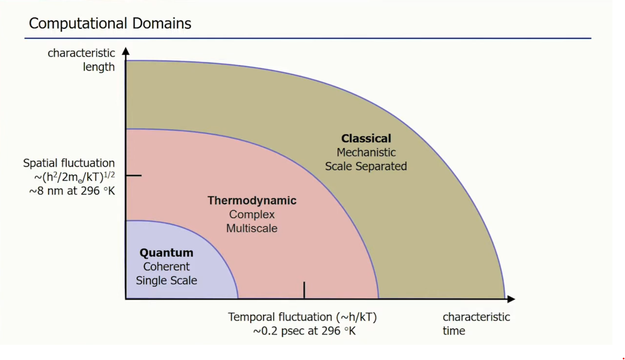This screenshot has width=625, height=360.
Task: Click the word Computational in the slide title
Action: tap(78, 24)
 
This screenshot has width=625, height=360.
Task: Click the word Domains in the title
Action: tap(161, 24)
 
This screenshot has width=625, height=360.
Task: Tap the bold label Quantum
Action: tap(166, 253)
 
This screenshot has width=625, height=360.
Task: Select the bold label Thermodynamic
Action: tap(252, 200)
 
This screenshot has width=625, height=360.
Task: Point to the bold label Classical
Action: tap(366, 138)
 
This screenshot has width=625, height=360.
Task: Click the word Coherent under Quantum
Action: tap(166, 267)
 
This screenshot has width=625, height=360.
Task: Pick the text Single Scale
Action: tap(166, 281)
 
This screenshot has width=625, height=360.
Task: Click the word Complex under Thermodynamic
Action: tap(252, 214)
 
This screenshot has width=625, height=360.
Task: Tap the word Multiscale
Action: tap(252, 228)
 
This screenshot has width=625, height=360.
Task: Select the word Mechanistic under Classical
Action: tap(366, 152)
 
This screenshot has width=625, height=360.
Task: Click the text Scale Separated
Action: tap(366, 166)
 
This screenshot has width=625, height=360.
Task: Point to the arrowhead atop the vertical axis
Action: tap(126, 51)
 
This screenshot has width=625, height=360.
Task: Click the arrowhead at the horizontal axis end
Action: tap(511, 299)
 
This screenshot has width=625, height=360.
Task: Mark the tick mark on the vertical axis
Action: tap(134, 176)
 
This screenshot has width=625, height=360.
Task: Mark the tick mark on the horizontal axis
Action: tap(304, 290)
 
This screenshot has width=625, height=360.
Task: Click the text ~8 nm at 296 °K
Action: tap(72, 191)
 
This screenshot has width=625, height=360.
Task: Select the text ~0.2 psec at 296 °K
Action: tap(304, 331)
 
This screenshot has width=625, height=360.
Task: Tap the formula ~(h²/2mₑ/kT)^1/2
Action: tap(74, 177)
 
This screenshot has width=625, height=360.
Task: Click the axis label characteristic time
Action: tap(476, 324)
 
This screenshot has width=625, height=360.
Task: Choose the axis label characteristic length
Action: tap(81, 60)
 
